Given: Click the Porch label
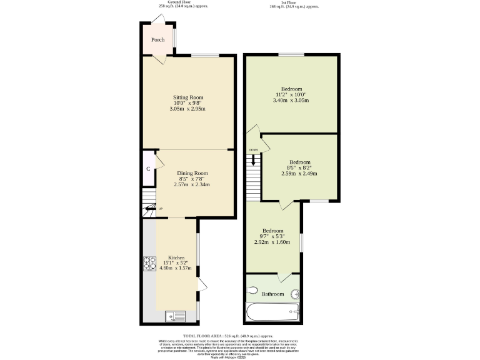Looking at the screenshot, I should pyautogui.click(x=157, y=40).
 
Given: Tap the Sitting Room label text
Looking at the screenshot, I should pyautogui.click(x=188, y=97).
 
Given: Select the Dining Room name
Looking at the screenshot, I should pyautogui.click(x=192, y=173).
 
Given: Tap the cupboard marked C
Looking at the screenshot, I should pyautogui.click(x=148, y=169).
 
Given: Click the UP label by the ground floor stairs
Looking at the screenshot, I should pyautogui.click(x=161, y=209).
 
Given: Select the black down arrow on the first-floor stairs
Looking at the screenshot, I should pyautogui.click(x=253, y=161).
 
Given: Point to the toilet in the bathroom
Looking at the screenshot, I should pyautogui.click(x=252, y=291).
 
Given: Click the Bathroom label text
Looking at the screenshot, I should pyautogui.click(x=272, y=294).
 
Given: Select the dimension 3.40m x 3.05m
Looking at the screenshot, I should pyautogui.click(x=292, y=100).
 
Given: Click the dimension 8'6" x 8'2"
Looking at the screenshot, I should pyautogui.click(x=298, y=167).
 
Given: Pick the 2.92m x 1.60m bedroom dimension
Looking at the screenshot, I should pyautogui.click(x=272, y=242).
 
